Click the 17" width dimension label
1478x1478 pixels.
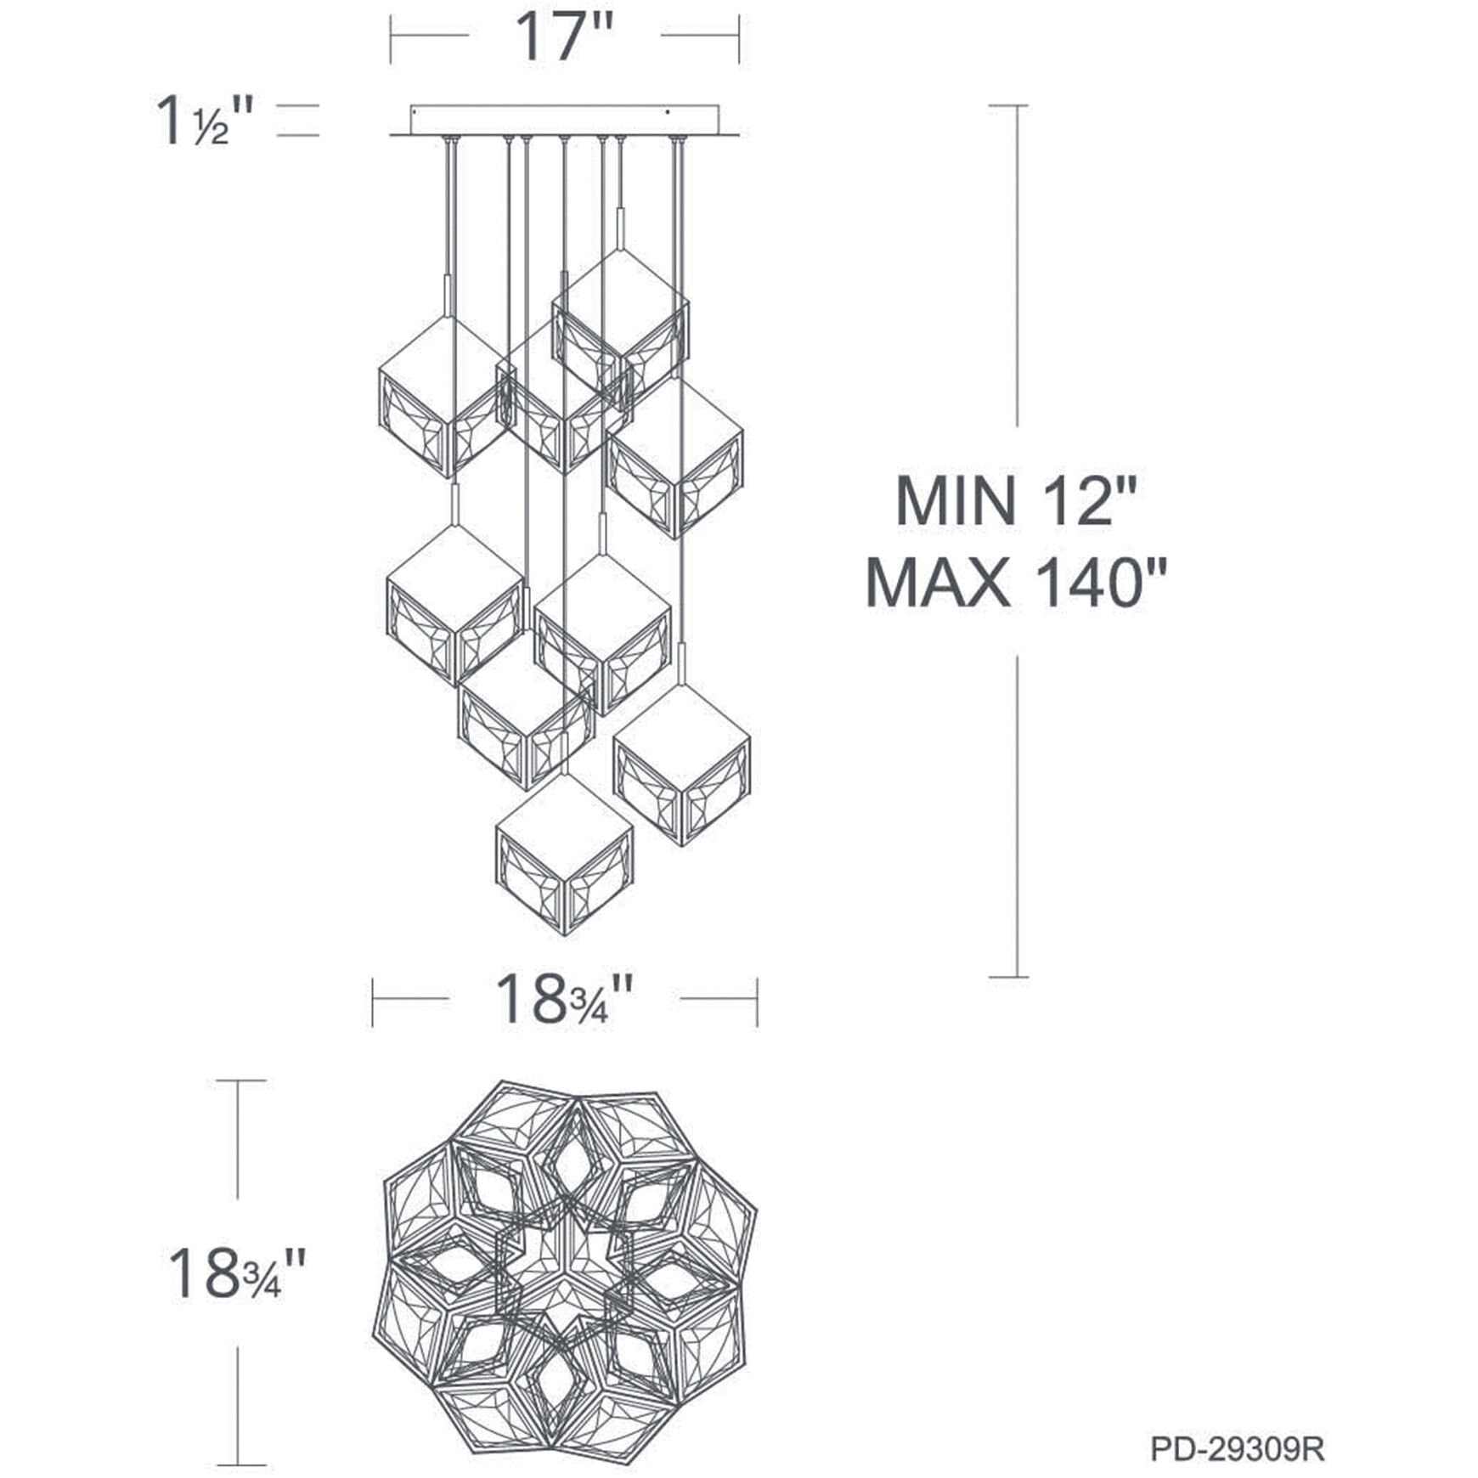pos(564,38)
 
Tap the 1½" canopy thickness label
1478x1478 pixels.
pos(205,121)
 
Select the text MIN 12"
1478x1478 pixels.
pos(1015,501)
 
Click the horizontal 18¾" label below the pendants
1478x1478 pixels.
pos(564,1000)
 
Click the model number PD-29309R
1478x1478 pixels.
pos(1237,1448)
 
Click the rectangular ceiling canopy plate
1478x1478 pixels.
pos(564,120)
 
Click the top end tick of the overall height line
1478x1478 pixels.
pos(1008,106)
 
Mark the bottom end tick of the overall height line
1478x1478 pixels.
pos(1008,977)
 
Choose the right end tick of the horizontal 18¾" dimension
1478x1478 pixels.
pos(757,1000)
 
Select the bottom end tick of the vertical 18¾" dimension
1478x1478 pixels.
pos(240,1465)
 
